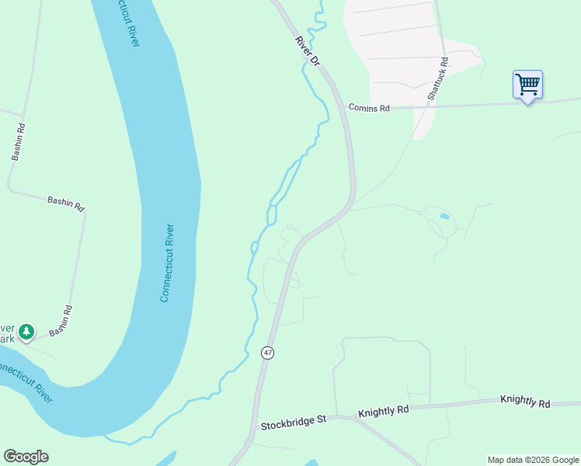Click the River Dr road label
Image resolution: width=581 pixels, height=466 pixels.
click(307, 50)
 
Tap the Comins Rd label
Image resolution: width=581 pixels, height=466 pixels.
click(368, 109)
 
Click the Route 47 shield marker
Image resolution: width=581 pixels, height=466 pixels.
click(268, 353)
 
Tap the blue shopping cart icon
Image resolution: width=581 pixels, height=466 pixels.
click(527, 84)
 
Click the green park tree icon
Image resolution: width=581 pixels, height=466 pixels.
click(26, 332)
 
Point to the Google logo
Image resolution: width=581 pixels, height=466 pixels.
click(26, 457)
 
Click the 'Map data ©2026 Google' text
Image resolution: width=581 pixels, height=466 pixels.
click(533, 460)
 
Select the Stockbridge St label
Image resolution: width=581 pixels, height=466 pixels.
click(294, 425)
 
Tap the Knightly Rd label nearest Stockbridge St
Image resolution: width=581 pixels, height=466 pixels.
click(383, 412)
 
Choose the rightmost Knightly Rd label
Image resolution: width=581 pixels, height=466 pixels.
click(525, 402)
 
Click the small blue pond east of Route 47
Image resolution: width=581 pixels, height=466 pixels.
click(444, 216)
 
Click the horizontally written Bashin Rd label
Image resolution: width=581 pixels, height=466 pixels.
click(65, 203)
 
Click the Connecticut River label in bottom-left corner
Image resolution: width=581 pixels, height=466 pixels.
click(25, 381)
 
